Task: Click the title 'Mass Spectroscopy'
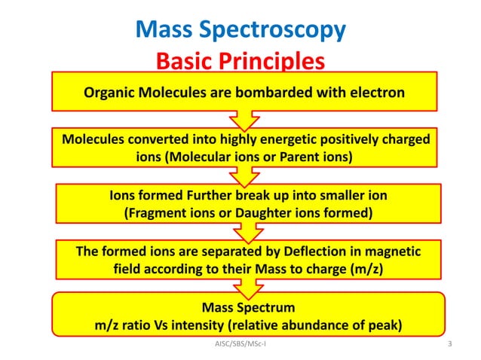pyautogui.click(x=240, y=29)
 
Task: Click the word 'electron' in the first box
pyautogui.click(x=376, y=93)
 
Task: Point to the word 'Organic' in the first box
pyautogui.click(x=109, y=93)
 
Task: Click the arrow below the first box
pyautogui.click(x=244, y=121)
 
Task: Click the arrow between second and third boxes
pyautogui.click(x=244, y=178)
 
